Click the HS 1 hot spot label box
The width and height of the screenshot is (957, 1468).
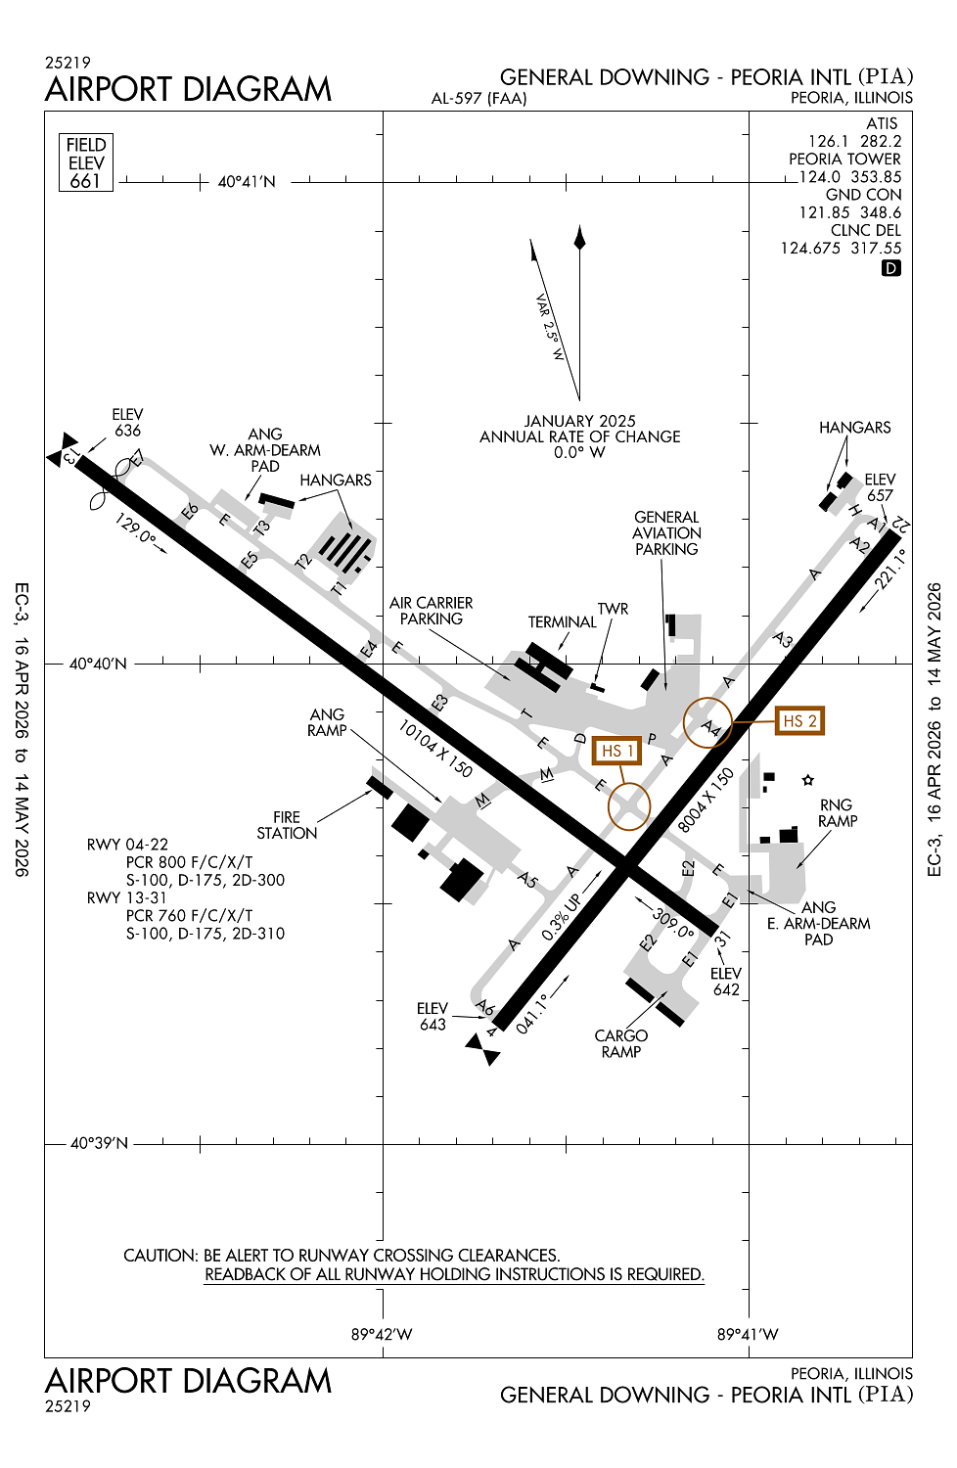point(616,751)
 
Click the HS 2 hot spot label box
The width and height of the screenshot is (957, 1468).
point(798,721)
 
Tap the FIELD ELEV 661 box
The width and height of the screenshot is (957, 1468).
point(86,162)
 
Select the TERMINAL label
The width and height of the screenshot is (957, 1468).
point(562,622)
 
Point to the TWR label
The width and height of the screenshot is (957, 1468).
point(613,609)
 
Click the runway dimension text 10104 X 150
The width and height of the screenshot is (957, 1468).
point(435,749)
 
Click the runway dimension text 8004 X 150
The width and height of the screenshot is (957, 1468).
point(706,801)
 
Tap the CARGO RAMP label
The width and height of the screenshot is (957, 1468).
point(621,1043)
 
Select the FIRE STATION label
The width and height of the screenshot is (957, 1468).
point(287,825)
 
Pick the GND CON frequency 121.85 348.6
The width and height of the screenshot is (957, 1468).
point(849,212)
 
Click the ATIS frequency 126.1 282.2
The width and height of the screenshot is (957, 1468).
point(854,141)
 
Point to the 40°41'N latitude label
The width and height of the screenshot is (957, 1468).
point(247,182)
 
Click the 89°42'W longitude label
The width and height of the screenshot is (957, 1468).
point(382,1335)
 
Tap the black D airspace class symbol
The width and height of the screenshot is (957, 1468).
point(890,268)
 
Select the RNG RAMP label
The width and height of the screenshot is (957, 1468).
point(837,812)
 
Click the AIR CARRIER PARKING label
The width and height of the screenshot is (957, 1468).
point(431,611)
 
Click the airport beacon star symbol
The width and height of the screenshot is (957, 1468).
point(808,780)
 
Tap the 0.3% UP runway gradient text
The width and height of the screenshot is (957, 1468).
point(561,917)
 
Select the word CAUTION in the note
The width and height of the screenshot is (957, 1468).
point(159,1256)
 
